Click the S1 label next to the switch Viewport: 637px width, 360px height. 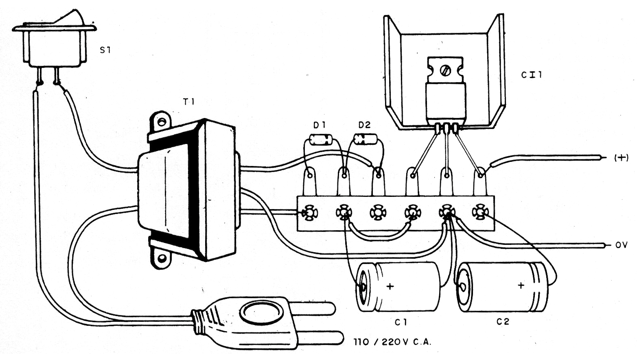pyautogui.click(x=105, y=50)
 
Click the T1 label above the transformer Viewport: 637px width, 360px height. pyautogui.click(x=188, y=102)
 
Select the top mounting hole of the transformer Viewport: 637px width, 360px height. pyautogui.click(x=162, y=122)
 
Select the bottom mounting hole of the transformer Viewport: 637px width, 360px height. pyautogui.click(x=162, y=258)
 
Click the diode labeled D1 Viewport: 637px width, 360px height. pyautogui.click(x=321, y=140)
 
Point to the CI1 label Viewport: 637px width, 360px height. pyautogui.click(x=532, y=75)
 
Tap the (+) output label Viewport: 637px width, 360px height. pyautogui.click(x=622, y=158)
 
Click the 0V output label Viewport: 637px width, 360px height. pyautogui.click(x=622, y=244)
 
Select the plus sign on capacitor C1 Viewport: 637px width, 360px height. pyautogui.click(x=390, y=286)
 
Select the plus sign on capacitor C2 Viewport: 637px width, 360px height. pyautogui.click(x=521, y=285)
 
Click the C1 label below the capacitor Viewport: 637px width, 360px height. pyautogui.click(x=401, y=322)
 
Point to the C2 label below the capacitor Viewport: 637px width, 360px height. pyautogui.click(x=503, y=321)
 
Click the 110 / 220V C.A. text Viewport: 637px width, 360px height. pyautogui.click(x=392, y=342)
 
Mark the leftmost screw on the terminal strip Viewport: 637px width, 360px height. pyautogui.click(x=309, y=213)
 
